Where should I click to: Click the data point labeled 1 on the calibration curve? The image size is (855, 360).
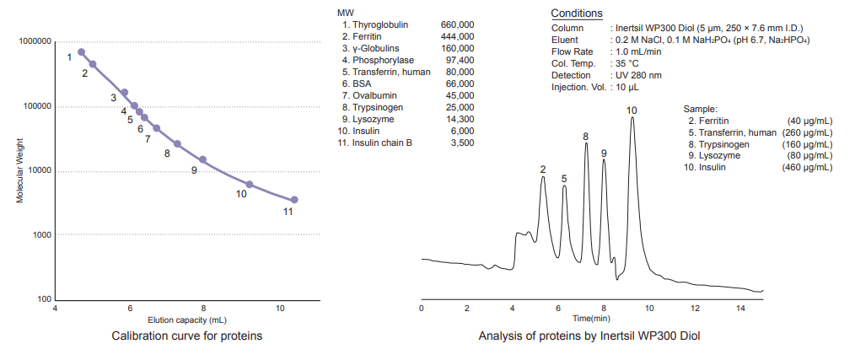82,52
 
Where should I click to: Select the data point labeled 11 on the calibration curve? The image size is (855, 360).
294,200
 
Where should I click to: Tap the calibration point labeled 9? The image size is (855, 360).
202,159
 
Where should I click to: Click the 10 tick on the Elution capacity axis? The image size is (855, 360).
280,309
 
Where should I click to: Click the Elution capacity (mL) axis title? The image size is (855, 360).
187,320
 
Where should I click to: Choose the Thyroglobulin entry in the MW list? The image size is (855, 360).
379,25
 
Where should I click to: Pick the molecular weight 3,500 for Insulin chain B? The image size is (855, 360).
462,143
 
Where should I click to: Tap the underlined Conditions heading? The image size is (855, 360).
576,13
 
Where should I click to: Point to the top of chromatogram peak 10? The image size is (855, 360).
632,117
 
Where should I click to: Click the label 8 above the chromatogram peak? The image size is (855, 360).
585,137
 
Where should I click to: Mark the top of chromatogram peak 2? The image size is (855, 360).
544,176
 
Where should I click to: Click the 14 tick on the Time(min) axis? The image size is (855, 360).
740,309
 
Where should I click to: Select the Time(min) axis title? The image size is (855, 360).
591,319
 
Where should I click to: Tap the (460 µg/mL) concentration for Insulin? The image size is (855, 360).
807,168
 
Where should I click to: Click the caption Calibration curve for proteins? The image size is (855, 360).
187,336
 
